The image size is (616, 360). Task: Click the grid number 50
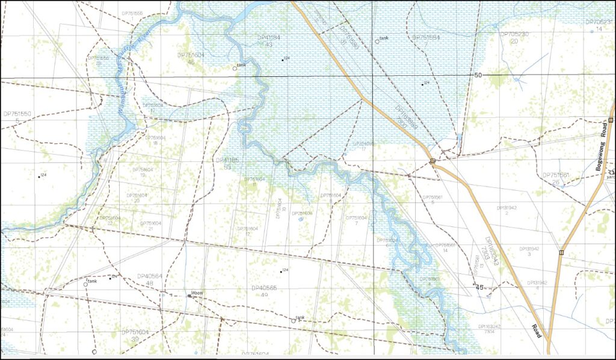pos(478,75)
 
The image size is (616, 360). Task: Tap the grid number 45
pos(480,288)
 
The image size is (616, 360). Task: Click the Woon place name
pos(197,293)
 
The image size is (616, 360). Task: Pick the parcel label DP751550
pos(17,113)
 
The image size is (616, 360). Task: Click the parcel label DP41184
pos(268,37)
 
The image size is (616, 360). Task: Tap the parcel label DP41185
pos(227,160)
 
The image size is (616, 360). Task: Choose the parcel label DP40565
pos(264,288)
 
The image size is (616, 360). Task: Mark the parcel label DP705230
pos(514,34)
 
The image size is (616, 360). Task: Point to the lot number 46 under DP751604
pos(191,61)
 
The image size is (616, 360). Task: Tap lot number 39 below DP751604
pos(135,340)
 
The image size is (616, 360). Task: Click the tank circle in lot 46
pos(235,69)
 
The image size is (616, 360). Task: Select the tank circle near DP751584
pos(377,42)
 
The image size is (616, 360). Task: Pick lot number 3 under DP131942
pos(529,255)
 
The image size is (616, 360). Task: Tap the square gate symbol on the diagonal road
pos(433,161)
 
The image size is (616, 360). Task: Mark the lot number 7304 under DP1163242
pos(488,332)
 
